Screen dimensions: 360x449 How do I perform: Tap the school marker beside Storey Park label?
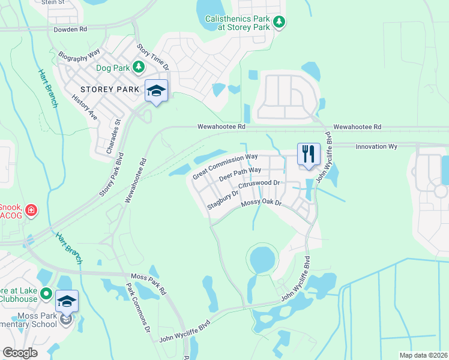[156, 91]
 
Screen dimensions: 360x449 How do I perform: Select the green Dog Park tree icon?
[139, 67]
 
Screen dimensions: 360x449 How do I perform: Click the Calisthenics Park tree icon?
[279, 23]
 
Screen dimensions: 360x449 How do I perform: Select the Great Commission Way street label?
[225, 166]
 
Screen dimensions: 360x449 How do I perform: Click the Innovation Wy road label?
[376, 146]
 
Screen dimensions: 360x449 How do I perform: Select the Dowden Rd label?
[70, 28]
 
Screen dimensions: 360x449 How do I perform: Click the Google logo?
[20, 353]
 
